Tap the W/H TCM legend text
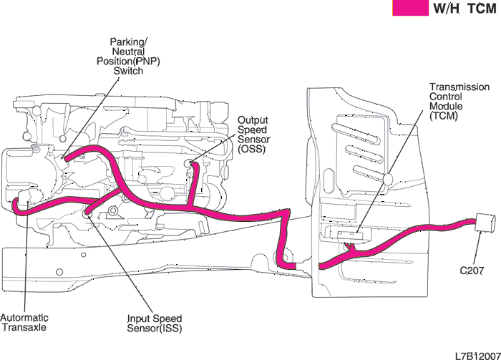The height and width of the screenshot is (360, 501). [x=464, y=9]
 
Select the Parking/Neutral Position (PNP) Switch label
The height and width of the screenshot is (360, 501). [x=129, y=56]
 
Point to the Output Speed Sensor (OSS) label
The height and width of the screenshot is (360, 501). [x=253, y=135]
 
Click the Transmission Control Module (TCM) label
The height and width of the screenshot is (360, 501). [x=459, y=101]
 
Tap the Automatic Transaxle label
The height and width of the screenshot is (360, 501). [x=25, y=322]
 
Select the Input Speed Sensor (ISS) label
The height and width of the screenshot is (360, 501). [x=155, y=323]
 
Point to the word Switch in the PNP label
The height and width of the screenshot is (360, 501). [x=129, y=71]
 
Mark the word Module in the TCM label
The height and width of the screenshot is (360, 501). [x=447, y=106]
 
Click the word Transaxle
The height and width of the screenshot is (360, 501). [x=26, y=327]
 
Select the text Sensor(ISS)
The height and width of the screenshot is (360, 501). [x=155, y=329]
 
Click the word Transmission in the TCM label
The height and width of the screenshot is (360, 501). [x=459, y=87]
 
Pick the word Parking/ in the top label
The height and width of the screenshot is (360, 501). [x=129, y=42]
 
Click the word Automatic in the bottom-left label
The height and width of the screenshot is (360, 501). [x=24, y=317]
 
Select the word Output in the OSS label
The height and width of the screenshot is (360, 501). [x=252, y=120]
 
